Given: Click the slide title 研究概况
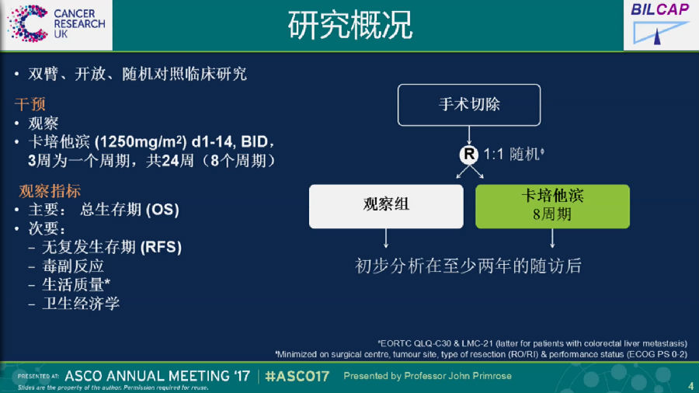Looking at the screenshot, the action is coord(350,25).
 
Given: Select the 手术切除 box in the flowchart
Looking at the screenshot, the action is coord(469,105).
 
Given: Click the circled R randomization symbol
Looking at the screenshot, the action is coord(469,154).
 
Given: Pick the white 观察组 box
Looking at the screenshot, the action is coord(386,207).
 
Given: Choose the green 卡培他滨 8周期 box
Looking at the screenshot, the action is coord(552,207).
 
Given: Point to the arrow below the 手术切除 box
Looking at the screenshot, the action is coord(469,135).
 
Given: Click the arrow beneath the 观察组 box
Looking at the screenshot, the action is coord(386,238).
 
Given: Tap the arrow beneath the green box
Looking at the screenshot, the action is coord(552,238).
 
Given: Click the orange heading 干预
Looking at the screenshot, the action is coord(30,104).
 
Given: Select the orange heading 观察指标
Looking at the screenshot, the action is coord(50,191).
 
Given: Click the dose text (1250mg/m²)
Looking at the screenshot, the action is coord(141,141).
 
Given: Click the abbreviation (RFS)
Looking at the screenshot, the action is coord(161,247).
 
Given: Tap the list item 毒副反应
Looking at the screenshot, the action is coord(73,266).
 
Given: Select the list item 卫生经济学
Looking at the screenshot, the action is coord(81,304).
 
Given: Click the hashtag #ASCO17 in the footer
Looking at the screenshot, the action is coord(297,377).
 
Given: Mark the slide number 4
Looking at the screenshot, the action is coord(690,385).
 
